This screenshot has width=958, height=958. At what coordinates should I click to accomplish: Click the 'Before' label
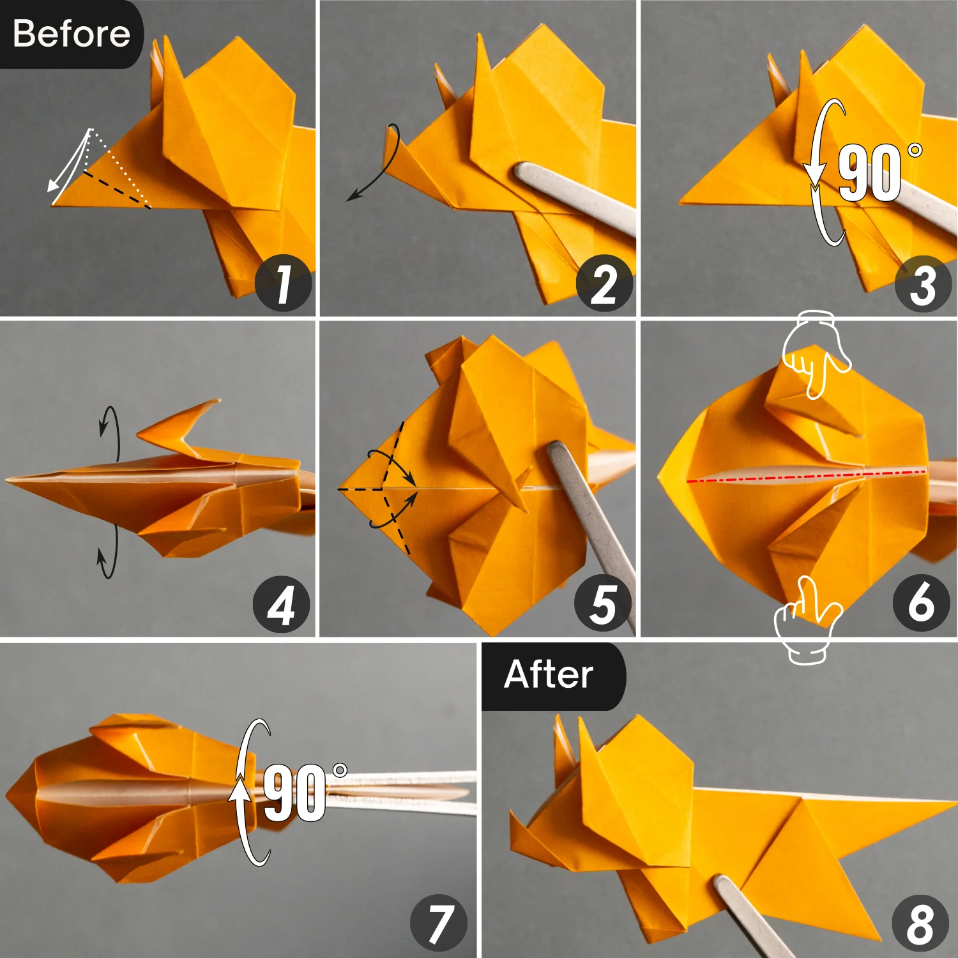(x=71, y=34)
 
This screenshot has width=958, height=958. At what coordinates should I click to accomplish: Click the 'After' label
(x=549, y=674)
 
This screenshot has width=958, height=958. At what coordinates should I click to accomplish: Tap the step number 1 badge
(x=283, y=283)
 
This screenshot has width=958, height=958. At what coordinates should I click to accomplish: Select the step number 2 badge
(x=604, y=283)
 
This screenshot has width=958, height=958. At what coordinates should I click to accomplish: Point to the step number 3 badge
(x=923, y=283)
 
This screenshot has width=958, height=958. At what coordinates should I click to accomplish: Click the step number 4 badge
(x=281, y=604)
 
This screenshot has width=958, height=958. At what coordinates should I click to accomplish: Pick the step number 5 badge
(x=602, y=604)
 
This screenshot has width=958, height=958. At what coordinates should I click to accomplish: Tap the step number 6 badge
(x=920, y=602)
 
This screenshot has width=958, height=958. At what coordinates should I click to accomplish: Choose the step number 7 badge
(x=439, y=922)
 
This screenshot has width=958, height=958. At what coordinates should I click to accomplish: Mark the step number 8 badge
(x=920, y=922)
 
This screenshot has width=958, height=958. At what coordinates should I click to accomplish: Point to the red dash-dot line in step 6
(x=805, y=476)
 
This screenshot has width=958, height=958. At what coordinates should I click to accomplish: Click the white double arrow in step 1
(x=69, y=163)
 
